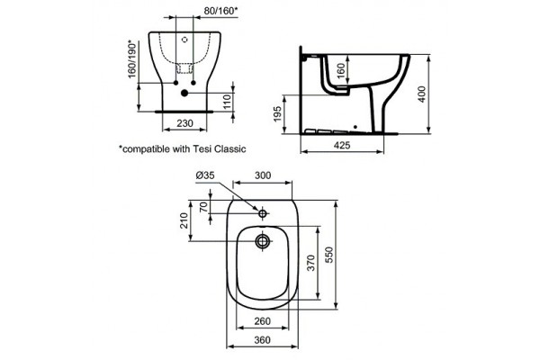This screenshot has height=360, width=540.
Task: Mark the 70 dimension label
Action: point(203,206)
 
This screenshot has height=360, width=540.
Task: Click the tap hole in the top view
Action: point(263,213)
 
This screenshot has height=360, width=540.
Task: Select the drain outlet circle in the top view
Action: point(263,240)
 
